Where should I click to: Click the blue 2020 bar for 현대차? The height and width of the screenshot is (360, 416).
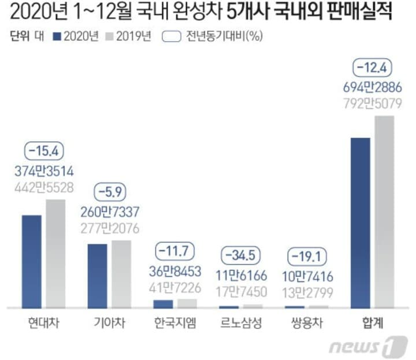(x=32, y=262)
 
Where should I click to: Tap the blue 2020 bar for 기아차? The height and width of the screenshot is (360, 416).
(x=97, y=276)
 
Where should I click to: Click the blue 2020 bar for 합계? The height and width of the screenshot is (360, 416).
(x=361, y=223)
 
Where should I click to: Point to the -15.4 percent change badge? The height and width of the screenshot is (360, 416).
(x=44, y=151)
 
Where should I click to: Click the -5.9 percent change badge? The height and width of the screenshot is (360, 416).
(x=110, y=191)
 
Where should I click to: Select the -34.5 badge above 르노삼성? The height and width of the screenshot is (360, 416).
(x=242, y=254)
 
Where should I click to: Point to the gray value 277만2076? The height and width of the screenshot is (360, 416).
(x=110, y=228)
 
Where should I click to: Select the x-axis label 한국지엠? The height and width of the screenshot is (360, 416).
(x=175, y=323)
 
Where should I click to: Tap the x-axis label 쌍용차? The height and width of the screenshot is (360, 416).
(x=307, y=323)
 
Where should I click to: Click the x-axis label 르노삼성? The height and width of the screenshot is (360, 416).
(x=242, y=323)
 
